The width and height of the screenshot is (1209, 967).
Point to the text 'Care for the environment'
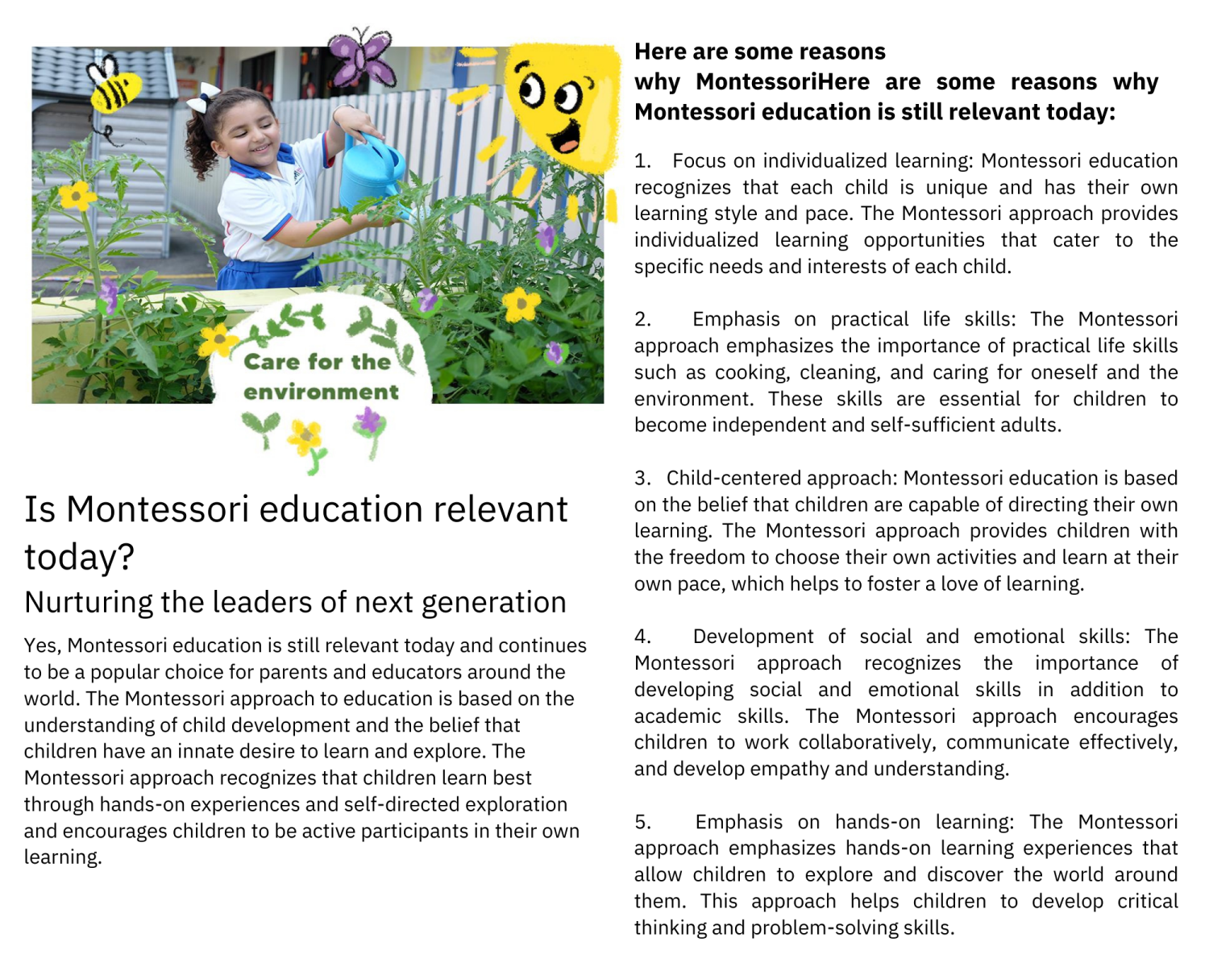320,376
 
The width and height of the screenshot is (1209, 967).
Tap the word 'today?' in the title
79,557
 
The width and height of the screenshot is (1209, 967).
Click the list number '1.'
642,161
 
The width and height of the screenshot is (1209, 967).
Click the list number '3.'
642,478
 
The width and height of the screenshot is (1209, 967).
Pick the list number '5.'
642,822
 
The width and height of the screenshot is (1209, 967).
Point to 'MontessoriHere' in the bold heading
782,82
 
